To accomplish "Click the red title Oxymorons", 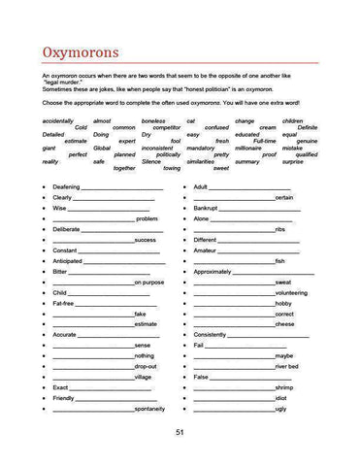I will pyautogui.click(x=80, y=50).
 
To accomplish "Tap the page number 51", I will pyautogui.click(x=180, y=432).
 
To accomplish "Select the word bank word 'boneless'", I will pyautogui.click(x=152, y=120).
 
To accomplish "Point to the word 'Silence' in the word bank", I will pyautogui.click(x=151, y=161).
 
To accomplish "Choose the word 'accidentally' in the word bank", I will pyautogui.click(x=58, y=120).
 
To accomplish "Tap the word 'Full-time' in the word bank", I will pyautogui.click(x=264, y=141).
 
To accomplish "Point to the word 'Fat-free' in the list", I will pyautogui.click(x=64, y=303).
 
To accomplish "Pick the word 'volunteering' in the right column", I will pyautogui.click(x=291, y=292).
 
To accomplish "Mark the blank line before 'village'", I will pyautogui.click(x=93, y=377).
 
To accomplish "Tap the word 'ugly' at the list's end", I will pyautogui.click(x=280, y=409).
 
